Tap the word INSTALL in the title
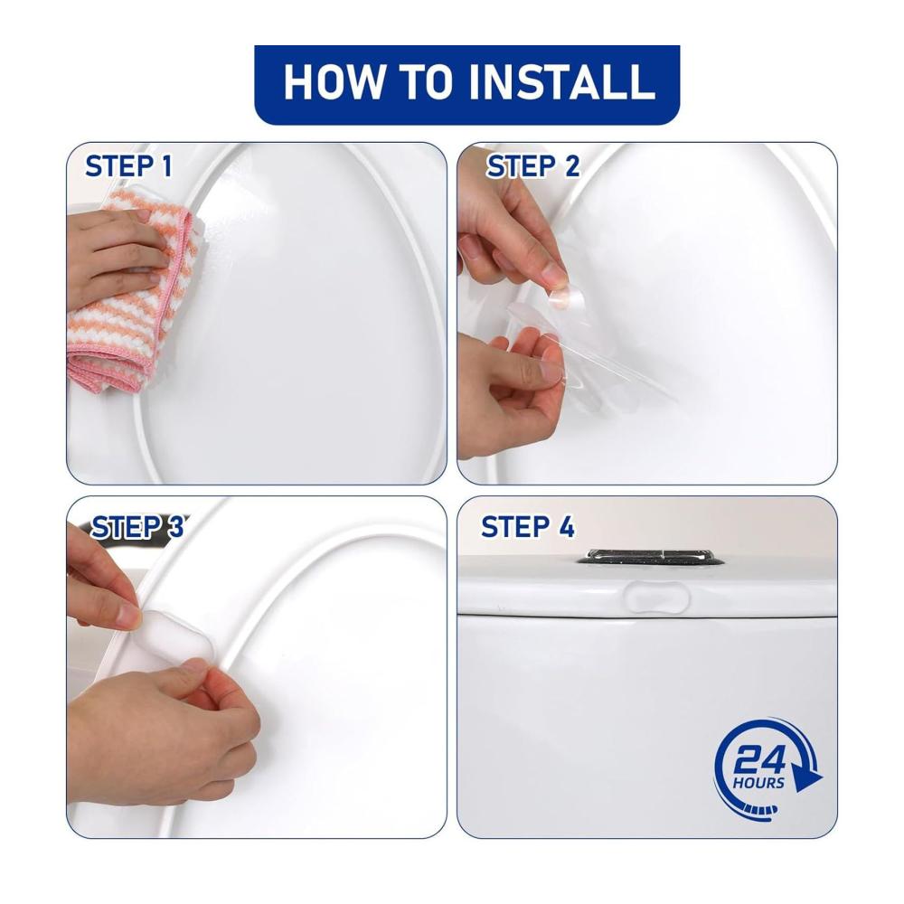pyautogui.click(x=561, y=81)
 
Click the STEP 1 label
pyautogui.click(x=128, y=166)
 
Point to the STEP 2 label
pyautogui.click(x=532, y=166)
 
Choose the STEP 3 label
pyautogui.click(x=137, y=527)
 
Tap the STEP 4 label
pyautogui.click(x=528, y=527)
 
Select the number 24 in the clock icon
pyautogui.click(x=760, y=760)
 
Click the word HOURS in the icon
pyautogui.click(x=758, y=783)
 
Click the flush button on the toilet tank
pyautogui.click(x=650, y=556)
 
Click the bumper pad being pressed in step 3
pyautogui.click(x=173, y=635)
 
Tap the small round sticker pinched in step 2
pyautogui.click(x=566, y=298)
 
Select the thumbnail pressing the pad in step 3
pyautogui.click(x=128, y=616)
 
